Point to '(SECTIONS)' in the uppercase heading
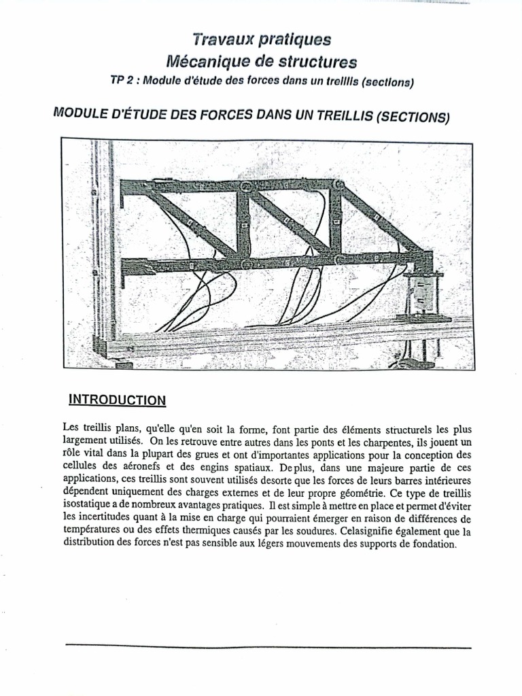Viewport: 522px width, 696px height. pos(412,117)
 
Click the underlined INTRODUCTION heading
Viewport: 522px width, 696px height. pos(117,400)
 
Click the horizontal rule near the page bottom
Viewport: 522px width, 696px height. pos(268,647)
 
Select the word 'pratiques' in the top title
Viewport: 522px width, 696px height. pos(295,39)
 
